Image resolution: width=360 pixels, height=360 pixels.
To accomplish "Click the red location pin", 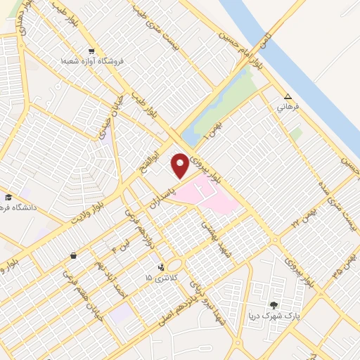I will pos(181,165).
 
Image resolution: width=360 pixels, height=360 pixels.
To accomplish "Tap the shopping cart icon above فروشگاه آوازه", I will pos(91,51).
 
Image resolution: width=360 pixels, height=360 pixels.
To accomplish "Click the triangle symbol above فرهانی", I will pos(287,97).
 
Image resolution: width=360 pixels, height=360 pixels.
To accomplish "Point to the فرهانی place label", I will pos(288,108).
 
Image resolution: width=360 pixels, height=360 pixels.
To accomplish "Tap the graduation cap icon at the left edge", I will pos(8,197).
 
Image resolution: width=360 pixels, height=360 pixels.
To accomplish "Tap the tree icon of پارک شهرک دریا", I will pos(274,305).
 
